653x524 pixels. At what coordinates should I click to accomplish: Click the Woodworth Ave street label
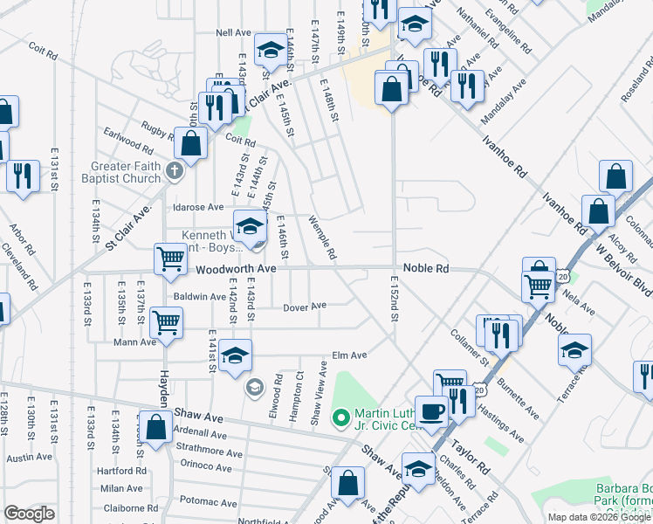click(236, 269)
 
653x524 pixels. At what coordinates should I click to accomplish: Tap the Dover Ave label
click(305, 307)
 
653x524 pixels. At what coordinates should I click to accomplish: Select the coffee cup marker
click(431, 410)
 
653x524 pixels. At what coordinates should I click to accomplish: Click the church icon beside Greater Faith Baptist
click(174, 169)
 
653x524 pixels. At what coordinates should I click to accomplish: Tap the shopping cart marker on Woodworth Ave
click(170, 258)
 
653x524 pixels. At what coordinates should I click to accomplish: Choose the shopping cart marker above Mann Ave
click(166, 321)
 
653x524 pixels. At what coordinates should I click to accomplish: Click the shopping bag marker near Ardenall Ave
click(156, 429)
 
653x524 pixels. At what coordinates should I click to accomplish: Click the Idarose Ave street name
click(198, 208)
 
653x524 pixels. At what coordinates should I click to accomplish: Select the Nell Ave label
click(234, 33)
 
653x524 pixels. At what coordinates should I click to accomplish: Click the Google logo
click(29, 514)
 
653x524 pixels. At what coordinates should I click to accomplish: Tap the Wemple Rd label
click(322, 239)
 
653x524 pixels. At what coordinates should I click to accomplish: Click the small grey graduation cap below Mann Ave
click(254, 387)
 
